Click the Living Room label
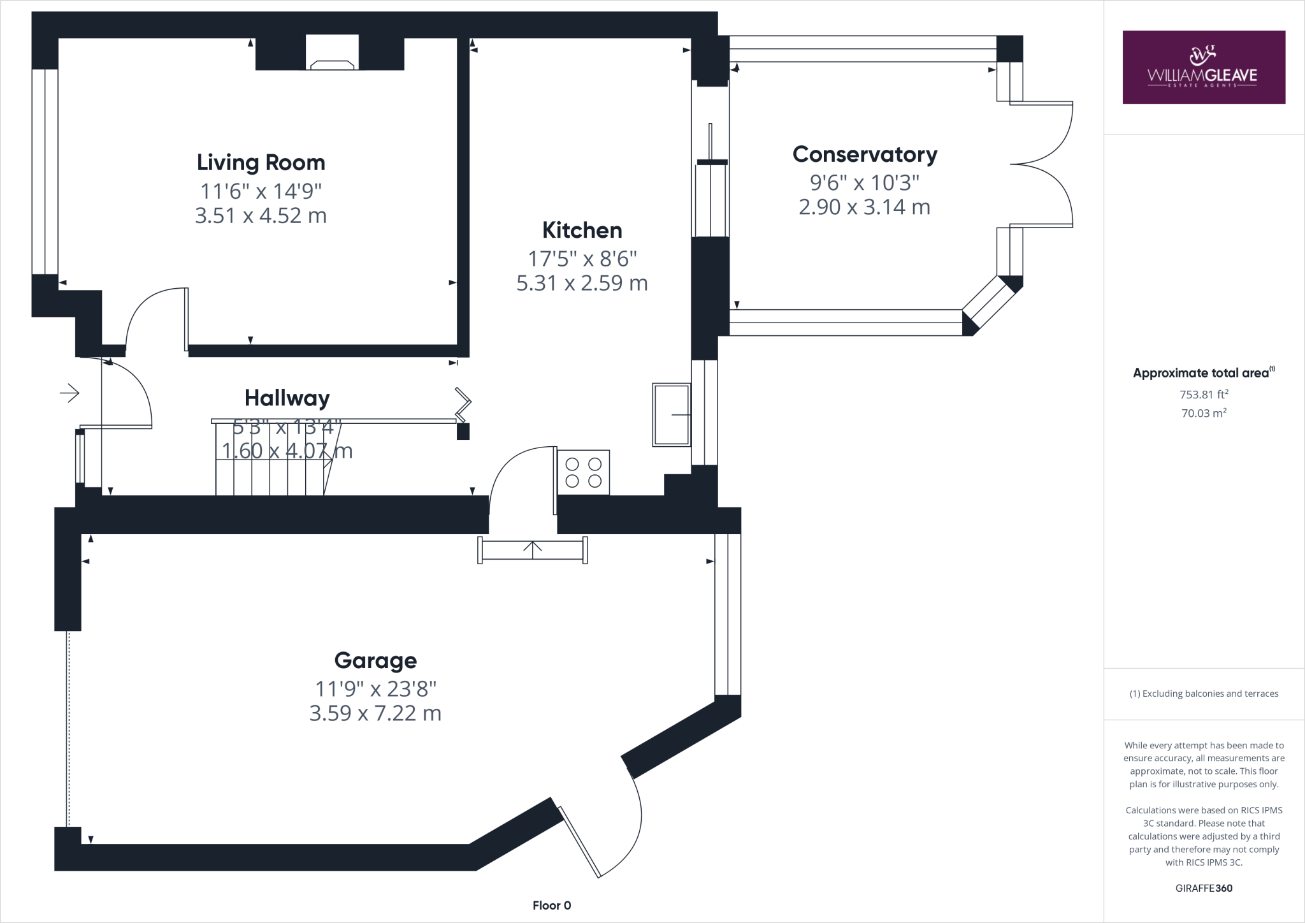pos(261,163)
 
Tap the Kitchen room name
pos(582,230)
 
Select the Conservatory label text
pos(865,154)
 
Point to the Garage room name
pos(375,660)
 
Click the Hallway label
pos(287,398)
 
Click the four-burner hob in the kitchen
pos(583,472)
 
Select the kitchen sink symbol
pos(672,414)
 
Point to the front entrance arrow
pos(69,393)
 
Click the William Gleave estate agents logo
pos(1203,67)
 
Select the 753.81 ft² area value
pos(1204,395)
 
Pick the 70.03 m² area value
pos(1204,413)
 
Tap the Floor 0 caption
pos(552,906)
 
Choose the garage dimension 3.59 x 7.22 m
pos(375,713)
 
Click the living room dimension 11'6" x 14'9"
pos(261,191)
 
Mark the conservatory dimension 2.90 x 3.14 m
pos(865,207)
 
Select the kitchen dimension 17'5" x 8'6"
pos(582,259)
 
